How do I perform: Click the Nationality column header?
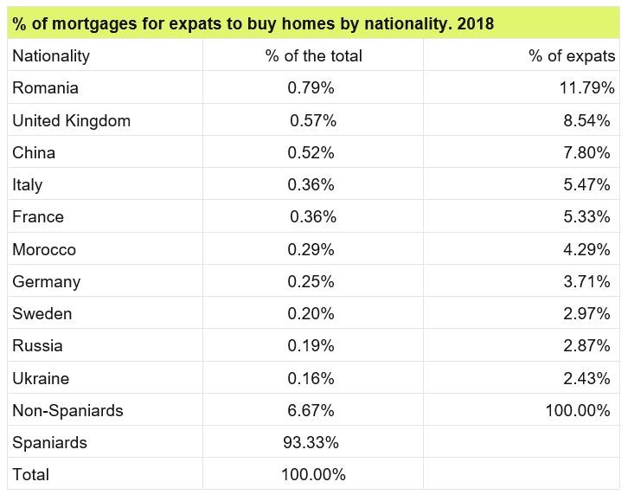(x=51, y=56)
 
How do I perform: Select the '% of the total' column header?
(x=313, y=56)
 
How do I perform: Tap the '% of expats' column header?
(x=572, y=56)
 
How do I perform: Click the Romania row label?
(x=45, y=88)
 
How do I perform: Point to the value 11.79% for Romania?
(x=586, y=88)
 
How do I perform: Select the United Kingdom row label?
(x=71, y=121)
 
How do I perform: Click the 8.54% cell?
(x=586, y=121)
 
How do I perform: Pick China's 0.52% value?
(x=311, y=153)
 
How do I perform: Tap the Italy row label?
(x=27, y=185)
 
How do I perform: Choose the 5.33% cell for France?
(x=586, y=217)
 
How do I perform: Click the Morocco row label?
(x=44, y=250)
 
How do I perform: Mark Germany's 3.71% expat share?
(x=586, y=282)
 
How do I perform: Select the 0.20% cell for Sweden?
(x=311, y=314)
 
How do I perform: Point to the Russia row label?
(x=37, y=346)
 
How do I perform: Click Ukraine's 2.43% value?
(x=586, y=379)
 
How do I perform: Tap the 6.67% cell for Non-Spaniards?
(x=311, y=411)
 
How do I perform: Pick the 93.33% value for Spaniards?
(x=311, y=443)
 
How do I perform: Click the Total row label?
(x=30, y=475)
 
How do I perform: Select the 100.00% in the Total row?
(x=313, y=475)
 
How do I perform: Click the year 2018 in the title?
(x=476, y=23)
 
